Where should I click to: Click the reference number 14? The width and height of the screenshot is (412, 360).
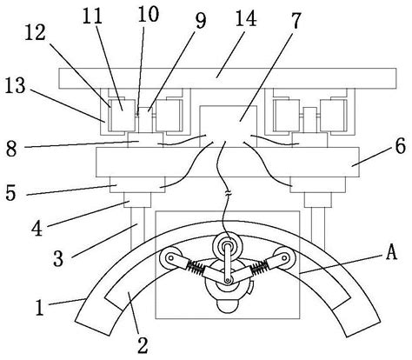point(246,18)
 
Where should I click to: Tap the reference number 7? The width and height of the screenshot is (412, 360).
point(296,21)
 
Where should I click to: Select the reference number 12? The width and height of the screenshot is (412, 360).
point(35,32)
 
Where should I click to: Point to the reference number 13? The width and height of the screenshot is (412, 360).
point(16,85)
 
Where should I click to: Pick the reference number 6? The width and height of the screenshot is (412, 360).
point(400,146)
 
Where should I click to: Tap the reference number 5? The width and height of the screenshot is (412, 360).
point(10,192)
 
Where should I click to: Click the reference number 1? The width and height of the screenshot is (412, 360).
point(39,307)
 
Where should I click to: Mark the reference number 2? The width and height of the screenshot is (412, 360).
point(143,345)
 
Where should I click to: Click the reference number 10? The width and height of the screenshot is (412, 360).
point(148,14)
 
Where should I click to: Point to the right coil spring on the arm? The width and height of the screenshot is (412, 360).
point(259,268)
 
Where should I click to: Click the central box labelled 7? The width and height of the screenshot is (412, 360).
point(229,126)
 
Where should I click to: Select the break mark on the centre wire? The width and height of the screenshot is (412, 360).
point(228,193)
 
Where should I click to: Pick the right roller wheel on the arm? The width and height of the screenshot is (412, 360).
point(285,257)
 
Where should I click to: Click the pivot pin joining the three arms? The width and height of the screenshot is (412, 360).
point(229,281)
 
